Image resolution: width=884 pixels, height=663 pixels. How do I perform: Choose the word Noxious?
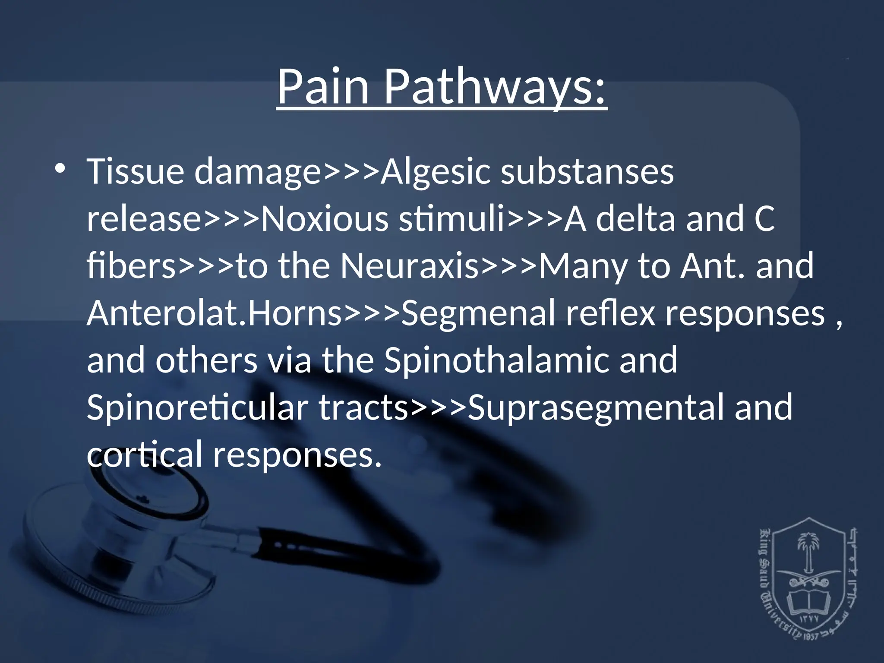[325, 218]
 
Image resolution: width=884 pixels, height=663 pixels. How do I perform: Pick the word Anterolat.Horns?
[215, 313]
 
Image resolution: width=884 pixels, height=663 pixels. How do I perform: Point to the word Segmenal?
[478, 313]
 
